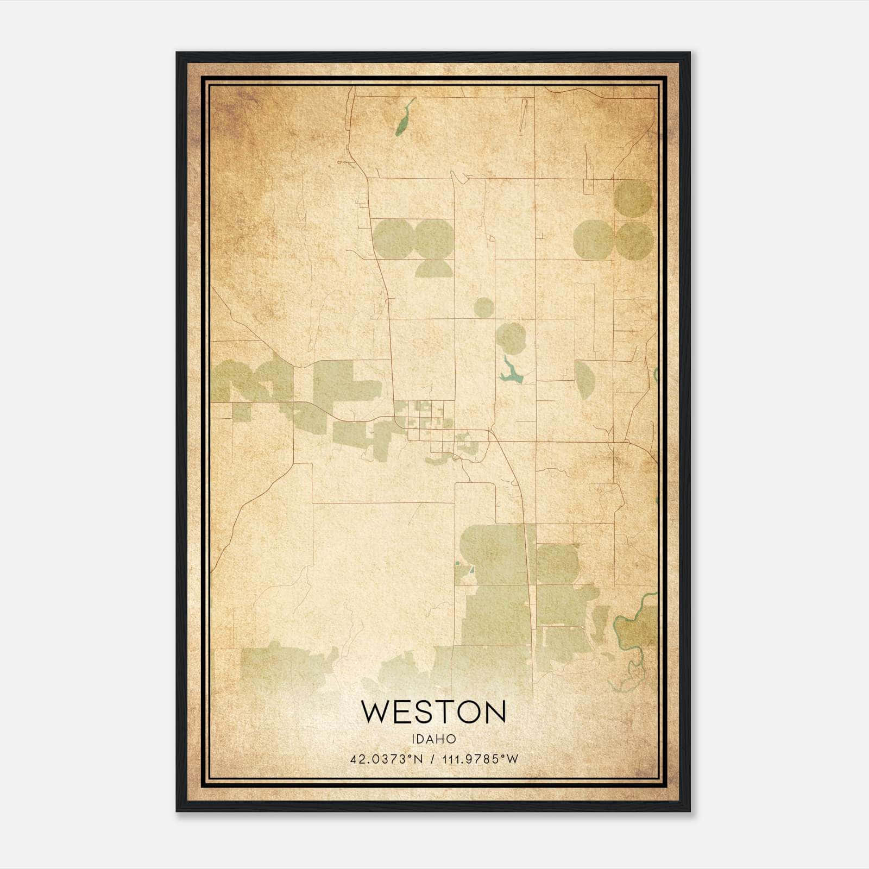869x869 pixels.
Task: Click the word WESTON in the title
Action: (x=433, y=712)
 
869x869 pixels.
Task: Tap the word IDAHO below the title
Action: (x=433, y=739)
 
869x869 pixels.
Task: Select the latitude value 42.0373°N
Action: (x=386, y=759)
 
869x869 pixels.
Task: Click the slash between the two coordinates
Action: (x=432, y=759)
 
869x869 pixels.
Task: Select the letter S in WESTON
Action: (x=421, y=712)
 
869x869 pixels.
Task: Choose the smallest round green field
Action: (x=483, y=307)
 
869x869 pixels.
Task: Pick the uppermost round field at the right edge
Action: (x=633, y=199)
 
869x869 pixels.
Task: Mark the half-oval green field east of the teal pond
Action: (x=584, y=379)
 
